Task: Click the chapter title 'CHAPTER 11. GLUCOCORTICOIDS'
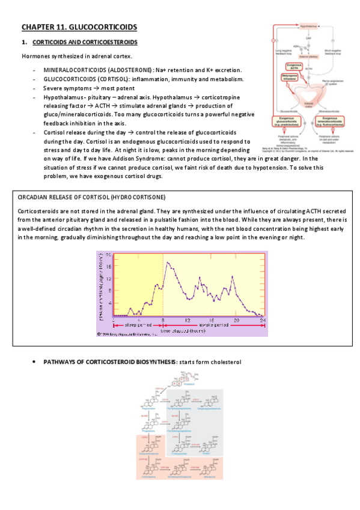78,27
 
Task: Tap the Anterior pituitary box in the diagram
308,56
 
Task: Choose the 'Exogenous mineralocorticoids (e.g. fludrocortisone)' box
332,122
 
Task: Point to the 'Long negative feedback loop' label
283,52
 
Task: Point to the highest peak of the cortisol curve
168,263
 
